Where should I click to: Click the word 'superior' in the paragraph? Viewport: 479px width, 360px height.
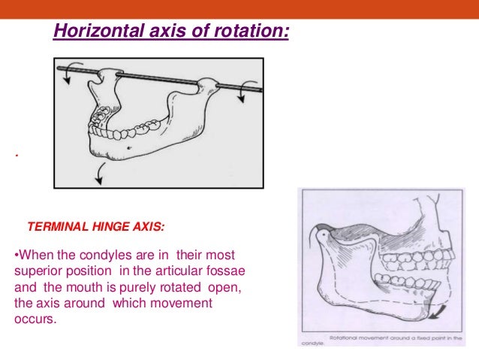click(38, 271)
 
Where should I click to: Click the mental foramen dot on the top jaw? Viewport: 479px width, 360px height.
click(132, 150)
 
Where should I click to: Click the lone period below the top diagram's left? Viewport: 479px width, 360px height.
click(16, 157)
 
